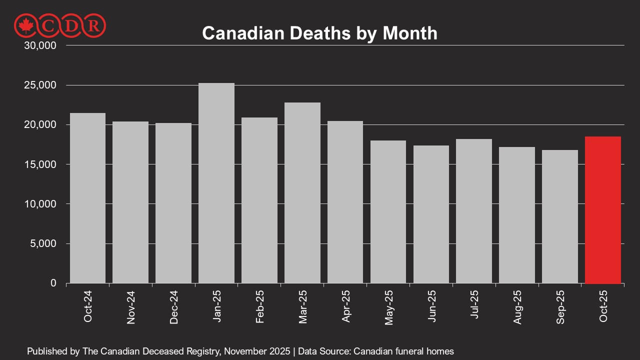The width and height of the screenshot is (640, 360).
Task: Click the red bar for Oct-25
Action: [603, 210]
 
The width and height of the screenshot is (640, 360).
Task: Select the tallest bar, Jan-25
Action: [216, 183]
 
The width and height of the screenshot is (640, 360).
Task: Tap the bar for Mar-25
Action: [302, 193]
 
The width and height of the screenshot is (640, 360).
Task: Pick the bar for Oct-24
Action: [87, 198]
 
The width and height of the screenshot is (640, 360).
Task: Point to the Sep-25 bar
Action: [560, 216]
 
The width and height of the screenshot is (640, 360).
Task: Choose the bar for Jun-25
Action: [431, 214]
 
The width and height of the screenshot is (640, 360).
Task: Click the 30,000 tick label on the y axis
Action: [40, 45]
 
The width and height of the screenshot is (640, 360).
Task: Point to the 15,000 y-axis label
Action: [40, 164]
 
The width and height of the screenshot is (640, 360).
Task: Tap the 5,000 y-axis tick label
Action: [43, 243]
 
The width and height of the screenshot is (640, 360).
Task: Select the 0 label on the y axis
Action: [53, 283]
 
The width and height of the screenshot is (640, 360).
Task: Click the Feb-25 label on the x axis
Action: [259, 307]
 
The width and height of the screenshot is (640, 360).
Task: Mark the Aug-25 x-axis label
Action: [517, 307]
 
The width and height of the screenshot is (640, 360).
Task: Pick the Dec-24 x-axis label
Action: [173, 307]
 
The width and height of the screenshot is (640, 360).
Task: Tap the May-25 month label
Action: [389, 307]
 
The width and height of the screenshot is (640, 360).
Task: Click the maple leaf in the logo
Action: [25, 25]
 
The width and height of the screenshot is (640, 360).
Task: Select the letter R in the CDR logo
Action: [93, 26]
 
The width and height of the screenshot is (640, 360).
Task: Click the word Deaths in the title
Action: [320, 33]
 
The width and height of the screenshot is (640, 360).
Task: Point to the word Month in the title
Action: [410, 33]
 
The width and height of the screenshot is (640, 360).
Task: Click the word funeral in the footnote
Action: [411, 351]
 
